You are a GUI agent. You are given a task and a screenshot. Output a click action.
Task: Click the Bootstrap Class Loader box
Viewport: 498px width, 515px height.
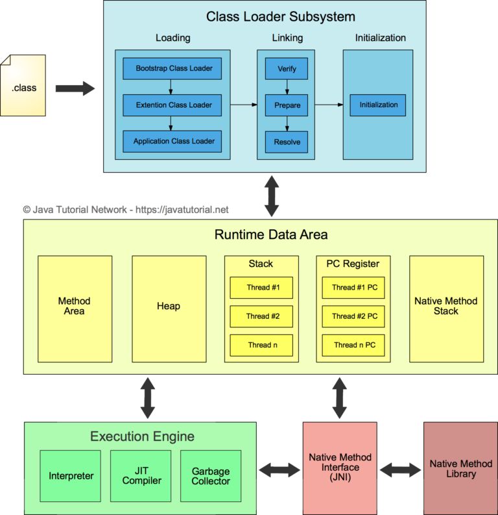click(173, 68)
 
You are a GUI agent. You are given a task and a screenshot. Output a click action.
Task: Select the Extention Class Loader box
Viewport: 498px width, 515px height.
click(173, 105)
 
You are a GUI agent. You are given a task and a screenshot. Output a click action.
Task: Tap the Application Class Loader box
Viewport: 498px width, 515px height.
click(173, 141)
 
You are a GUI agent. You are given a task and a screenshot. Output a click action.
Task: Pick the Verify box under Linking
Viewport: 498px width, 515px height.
click(286, 68)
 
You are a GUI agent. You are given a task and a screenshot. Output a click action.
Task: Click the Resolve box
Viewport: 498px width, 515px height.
click(286, 141)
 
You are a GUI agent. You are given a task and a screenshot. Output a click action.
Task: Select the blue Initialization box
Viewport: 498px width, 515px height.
click(378, 105)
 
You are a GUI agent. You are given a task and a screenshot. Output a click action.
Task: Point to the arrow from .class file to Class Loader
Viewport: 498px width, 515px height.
click(75, 88)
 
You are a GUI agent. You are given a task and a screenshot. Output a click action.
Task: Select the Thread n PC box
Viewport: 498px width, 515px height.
click(354, 345)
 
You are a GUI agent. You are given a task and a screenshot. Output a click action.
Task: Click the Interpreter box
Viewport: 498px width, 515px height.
click(71, 476)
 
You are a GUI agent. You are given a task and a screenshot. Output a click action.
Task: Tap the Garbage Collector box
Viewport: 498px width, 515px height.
click(211, 476)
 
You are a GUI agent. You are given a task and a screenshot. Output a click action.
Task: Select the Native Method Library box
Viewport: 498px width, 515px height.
click(461, 468)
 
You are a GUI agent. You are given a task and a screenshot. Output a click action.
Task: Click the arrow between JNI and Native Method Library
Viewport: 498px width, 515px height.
click(400, 469)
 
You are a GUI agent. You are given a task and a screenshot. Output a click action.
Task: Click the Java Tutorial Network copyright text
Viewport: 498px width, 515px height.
click(126, 210)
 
